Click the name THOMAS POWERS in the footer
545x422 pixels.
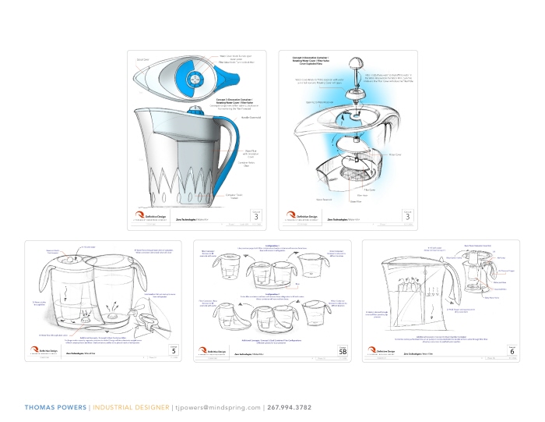(x=54, y=407)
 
